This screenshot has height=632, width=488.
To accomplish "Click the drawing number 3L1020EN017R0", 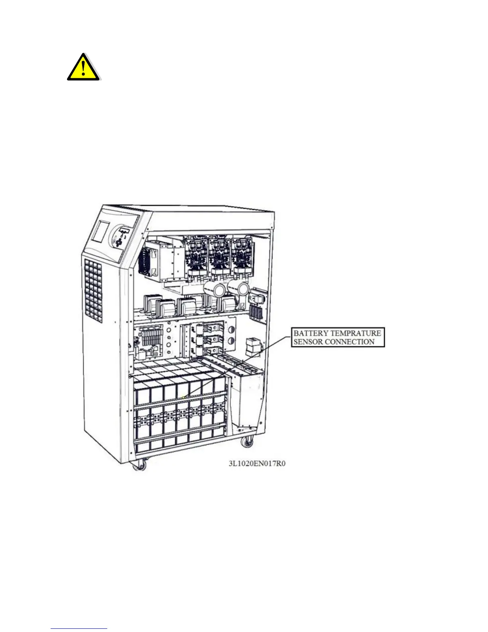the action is click(257, 464).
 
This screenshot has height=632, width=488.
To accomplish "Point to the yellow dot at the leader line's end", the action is click(183, 397).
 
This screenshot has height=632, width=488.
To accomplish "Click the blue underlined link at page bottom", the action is click(79, 628).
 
